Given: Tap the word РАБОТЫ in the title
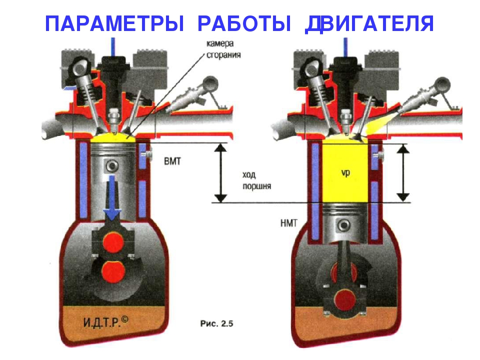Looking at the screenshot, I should pos(244,23).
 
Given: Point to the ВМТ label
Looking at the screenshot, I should pos(174,162).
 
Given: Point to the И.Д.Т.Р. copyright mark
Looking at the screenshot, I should pos(104,320).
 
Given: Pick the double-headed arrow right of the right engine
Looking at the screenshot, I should pos(403,172).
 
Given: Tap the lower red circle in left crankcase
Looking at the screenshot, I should pos(112,272).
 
